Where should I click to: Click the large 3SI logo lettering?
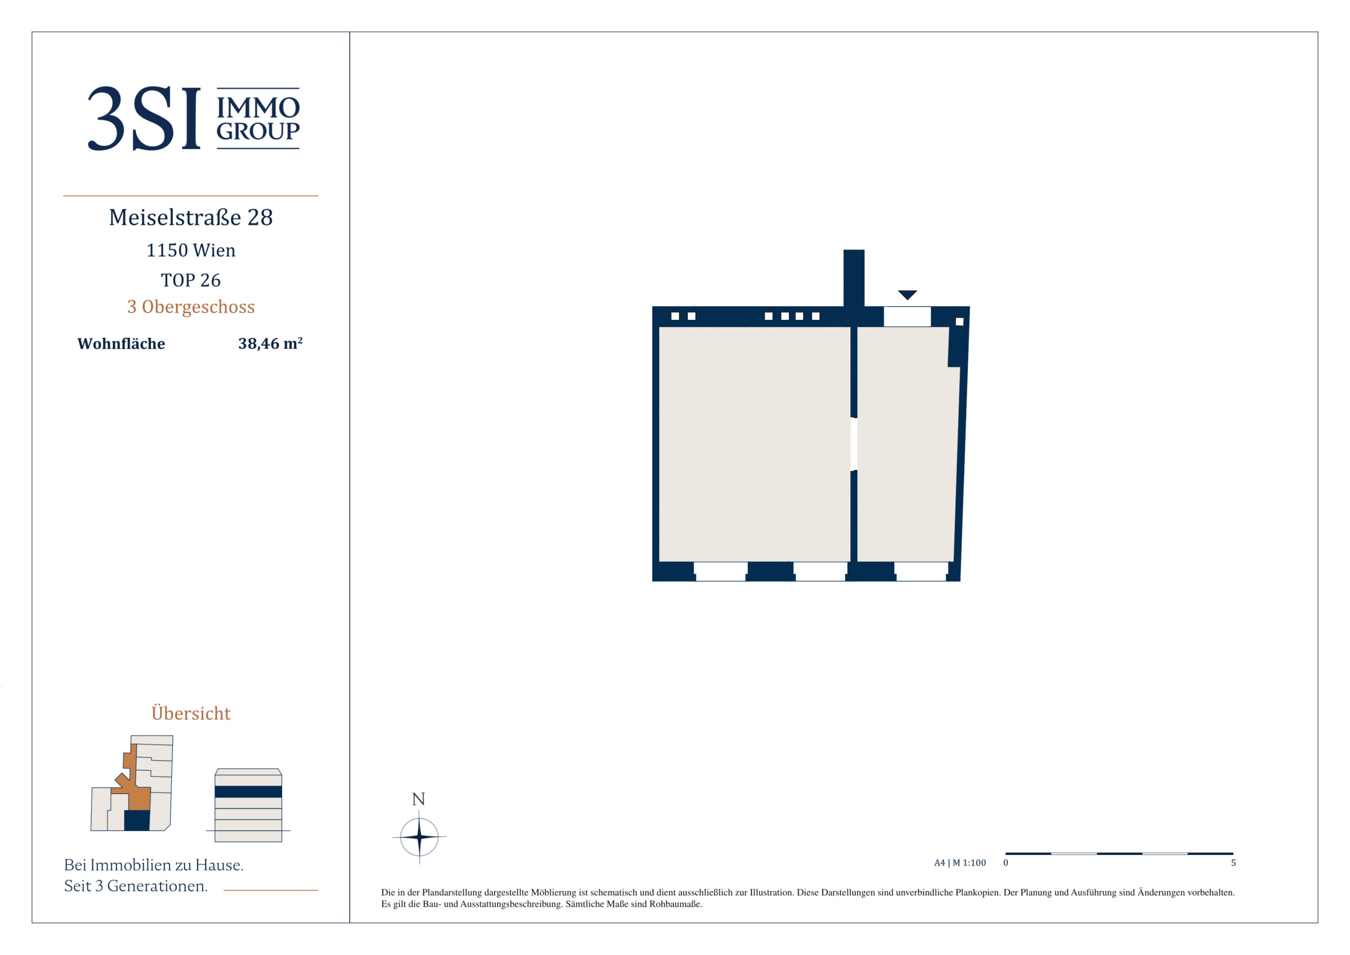(144, 118)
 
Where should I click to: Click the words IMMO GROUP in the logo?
(258, 119)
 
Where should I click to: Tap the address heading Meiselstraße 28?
(191, 218)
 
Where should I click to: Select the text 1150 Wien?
(191, 251)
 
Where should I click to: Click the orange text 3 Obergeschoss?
(191, 307)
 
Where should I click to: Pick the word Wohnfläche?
(121, 344)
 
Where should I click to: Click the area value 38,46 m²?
(270, 344)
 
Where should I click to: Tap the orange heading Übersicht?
(191, 713)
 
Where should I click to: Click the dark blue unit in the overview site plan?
(137, 820)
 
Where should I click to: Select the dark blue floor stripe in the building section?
(248, 791)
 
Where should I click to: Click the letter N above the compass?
(418, 799)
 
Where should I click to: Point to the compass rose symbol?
(419, 836)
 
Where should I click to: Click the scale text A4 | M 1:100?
(960, 863)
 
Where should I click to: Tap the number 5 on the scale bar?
(1234, 863)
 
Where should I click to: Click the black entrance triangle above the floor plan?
(907, 294)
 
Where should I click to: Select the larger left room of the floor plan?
(754, 444)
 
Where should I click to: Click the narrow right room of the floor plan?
(905, 444)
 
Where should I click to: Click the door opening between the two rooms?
(854, 444)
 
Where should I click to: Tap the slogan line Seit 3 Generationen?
(136, 886)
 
